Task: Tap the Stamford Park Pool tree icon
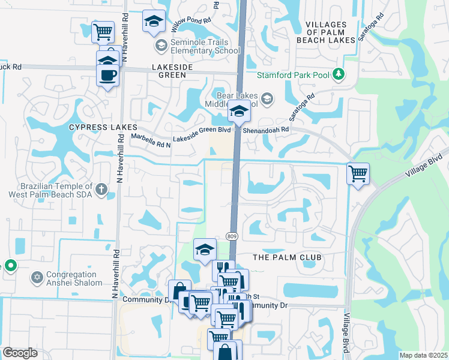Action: [x=339, y=74]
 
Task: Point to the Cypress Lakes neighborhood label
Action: [x=103, y=127]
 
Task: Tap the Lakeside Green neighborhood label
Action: [x=172, y=71]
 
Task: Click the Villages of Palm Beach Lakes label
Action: [x=326, y=32]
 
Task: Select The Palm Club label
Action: [x=287, y=257]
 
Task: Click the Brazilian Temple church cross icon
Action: [x=102, y=189]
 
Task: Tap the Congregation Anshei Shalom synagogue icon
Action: [x=36, y=278]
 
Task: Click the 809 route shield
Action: [x=232, y=236]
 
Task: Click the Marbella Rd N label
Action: [x=151, y=139]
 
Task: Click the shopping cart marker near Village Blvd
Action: [x=358, y=174]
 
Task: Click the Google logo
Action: [x=20, y=353]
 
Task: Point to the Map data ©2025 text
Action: [x=423, y=355]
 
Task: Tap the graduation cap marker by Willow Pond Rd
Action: [x=154, y=22]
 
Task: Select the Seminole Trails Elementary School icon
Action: [x=161, y=46]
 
